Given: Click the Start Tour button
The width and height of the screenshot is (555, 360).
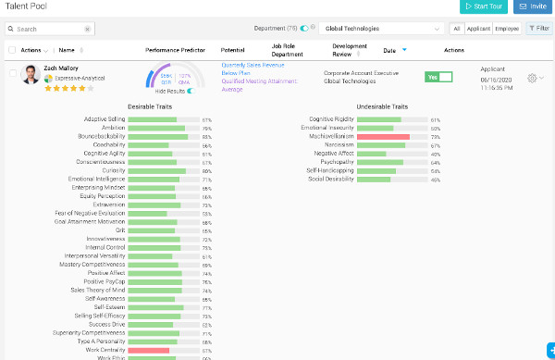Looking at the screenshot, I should tap(484, 7).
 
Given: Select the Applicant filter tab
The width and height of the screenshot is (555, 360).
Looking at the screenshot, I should tap(478, 29).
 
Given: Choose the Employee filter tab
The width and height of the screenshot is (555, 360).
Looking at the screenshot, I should tap(507, 29).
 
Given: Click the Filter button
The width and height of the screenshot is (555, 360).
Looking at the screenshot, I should tap(538, 29).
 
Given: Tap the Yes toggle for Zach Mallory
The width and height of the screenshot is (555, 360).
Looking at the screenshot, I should tap(438, 76).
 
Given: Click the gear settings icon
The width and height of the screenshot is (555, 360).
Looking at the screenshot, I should tap(532, 78).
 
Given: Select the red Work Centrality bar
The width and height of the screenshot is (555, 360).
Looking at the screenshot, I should tap(148, 350).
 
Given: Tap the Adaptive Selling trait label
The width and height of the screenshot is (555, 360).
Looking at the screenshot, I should tap(105, 119).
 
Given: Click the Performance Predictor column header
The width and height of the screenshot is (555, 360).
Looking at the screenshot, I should tap(175, 49).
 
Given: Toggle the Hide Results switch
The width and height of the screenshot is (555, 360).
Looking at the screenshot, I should tap(191, 91).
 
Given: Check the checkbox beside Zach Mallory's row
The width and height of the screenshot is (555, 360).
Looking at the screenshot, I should tap(11, 71).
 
